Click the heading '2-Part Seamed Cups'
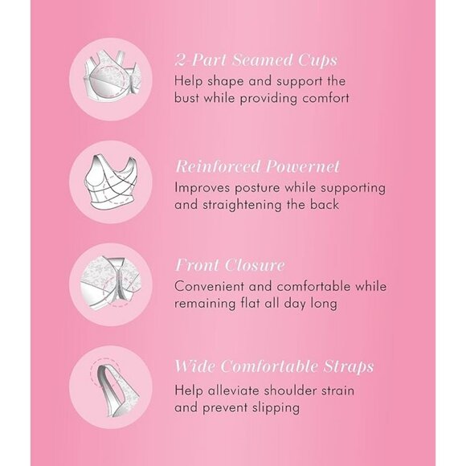(256, 60)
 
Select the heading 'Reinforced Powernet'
(257, 166)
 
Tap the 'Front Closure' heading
(230, 265)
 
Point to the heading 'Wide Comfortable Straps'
(274, 366)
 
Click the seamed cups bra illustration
(111, 80)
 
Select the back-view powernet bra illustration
(111, 182)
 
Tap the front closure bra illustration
(111, 284)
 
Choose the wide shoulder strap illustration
(114, 386)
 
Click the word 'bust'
(186, 98)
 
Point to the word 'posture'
(257, 188)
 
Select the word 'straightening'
(242, 205)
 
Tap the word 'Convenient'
(208, 287)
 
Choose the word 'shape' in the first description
(226, 82)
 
